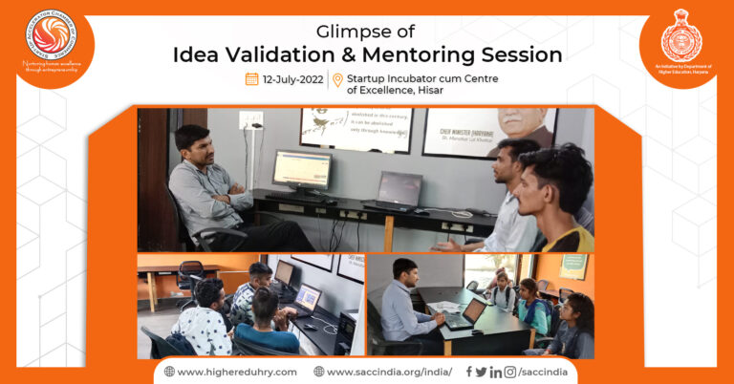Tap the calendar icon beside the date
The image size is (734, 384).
point(252,79)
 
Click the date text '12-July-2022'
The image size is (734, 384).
point(292,79)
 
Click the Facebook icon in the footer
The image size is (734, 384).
point(468,372)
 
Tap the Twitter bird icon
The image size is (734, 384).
point(481,372)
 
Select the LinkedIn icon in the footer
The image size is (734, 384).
point(495,372)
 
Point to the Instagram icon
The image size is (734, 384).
point(509,372)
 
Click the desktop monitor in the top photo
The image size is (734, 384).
point(301,171)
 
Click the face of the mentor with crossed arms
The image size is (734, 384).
point(194,147)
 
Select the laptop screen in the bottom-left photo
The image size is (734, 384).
point(307,299)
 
